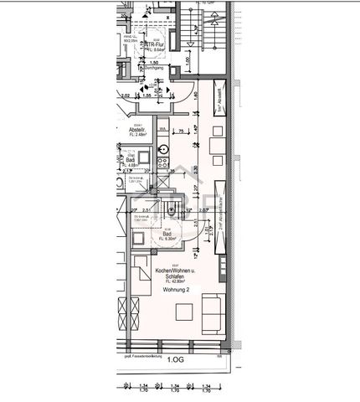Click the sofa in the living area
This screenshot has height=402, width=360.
tap(210, 315)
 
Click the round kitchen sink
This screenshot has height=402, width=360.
tap(163, 150)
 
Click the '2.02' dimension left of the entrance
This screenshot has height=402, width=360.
tap(124, 96)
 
